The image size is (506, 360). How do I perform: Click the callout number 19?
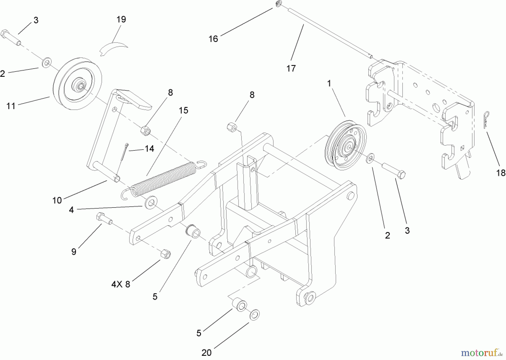[121, 19]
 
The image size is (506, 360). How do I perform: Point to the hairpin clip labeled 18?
[486, 120]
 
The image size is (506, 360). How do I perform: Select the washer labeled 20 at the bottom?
[255, 314]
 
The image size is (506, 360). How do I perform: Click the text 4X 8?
[121, 284]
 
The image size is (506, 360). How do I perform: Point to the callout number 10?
[57, 200]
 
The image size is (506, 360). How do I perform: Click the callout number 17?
[291, 68]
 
